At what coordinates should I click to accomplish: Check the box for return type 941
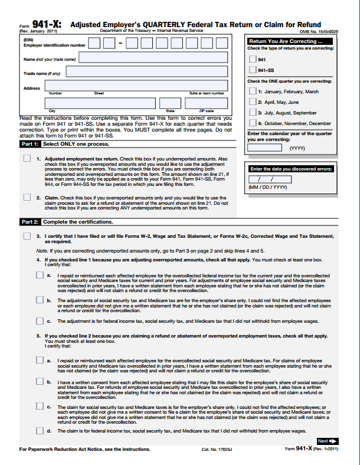(253, 59)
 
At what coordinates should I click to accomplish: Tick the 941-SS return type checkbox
(253, 70)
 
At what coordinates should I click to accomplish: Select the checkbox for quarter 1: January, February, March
(253, 91)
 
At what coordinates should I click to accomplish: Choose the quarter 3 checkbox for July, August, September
(253, 112)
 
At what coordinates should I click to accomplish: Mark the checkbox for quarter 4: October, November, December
(253, 123)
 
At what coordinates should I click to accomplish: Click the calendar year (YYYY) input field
(264, 148)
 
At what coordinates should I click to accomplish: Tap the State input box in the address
(170, 103)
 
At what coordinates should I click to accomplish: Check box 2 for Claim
(27, 198)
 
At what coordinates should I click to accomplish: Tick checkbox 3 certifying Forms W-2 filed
(27, 236)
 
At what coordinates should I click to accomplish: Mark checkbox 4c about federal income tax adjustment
(39, 321)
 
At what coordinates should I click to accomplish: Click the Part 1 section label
(30, 144)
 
